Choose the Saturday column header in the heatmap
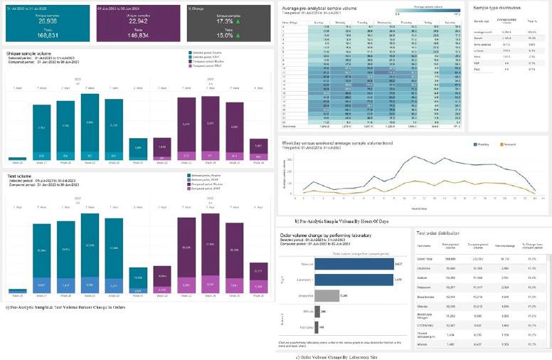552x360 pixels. [x=450, y=22]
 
